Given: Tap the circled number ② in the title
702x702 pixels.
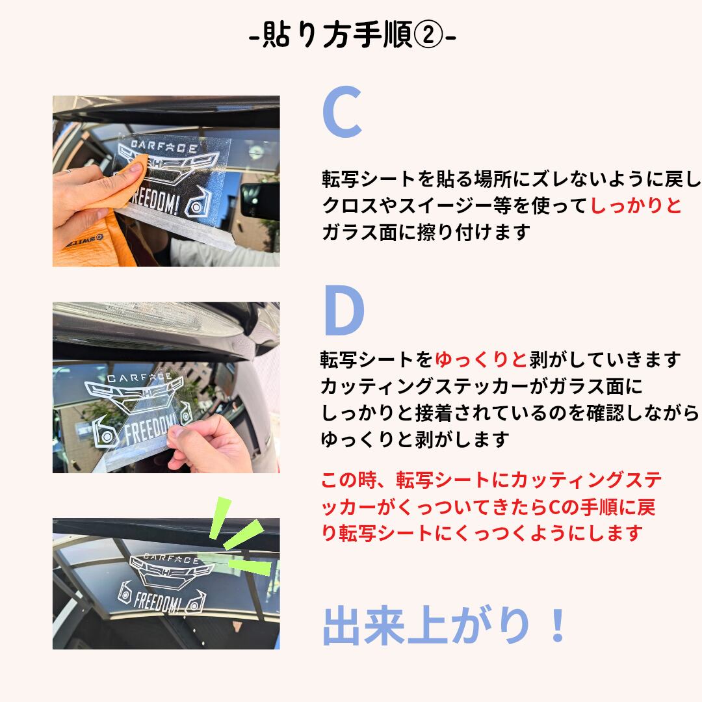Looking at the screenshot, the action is [x=428, y=35].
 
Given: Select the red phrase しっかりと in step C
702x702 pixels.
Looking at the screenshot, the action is [x=636, y=205].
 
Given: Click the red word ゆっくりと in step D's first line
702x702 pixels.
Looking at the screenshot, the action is [x=481, y=359].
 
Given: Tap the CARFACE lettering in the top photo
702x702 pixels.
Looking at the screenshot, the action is [x=164, y=146].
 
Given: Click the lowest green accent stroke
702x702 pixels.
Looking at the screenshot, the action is [x=250, y=566].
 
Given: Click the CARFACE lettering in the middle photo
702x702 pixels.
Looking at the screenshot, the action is [x=139, y=378].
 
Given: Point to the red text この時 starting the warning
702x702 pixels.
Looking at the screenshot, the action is [x=348, y=480].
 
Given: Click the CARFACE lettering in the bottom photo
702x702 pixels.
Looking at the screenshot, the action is [x=171, y=558].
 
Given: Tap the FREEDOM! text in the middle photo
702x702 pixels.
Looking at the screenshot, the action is [x=151, y=428].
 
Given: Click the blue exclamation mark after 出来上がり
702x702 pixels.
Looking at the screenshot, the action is [x=558, y=625].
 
